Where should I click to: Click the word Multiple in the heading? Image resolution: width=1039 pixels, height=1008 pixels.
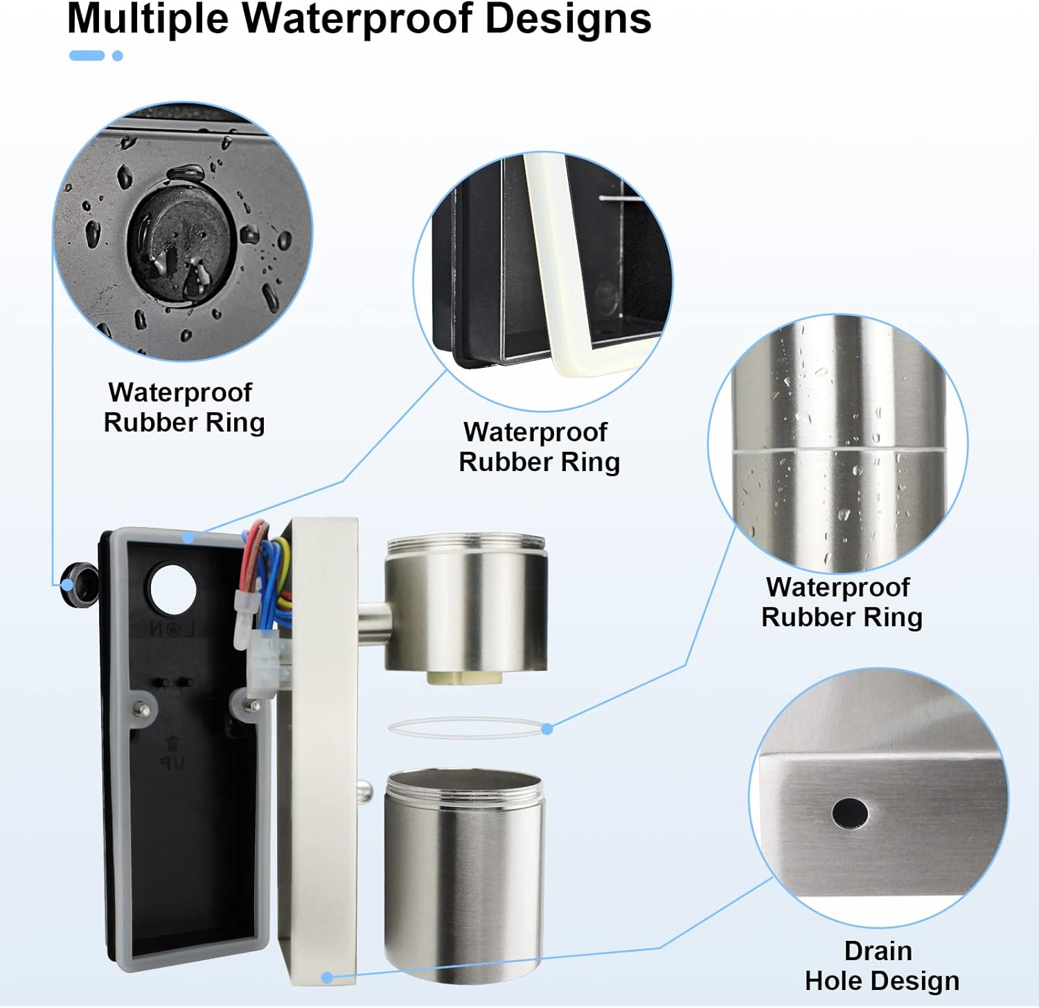pyautogui.click(x=148, y=19)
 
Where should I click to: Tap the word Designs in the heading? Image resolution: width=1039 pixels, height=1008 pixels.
pyautogui.click(x=568, y=19)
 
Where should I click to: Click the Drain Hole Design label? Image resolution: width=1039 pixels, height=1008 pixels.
pyautogui.click(x=881, y=966)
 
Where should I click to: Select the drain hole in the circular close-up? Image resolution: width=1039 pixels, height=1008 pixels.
pyautogui.click(x=850, y=813)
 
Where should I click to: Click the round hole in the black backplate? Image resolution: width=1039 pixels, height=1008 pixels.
pyautogui.click(x=173, y=589)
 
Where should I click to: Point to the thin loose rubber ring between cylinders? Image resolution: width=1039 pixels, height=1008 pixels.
pyautogui.click(x=465, y=727)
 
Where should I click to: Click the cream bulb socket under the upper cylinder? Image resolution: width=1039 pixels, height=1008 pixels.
pyautogui.click(x=464, y=678)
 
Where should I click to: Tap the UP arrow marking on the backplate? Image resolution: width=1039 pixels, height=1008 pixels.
pyautogui.click(x=172, y=753)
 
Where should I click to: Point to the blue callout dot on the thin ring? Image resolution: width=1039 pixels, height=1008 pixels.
pyautogui.click(x=547, y=729)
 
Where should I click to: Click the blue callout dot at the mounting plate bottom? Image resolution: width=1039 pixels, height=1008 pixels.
pyautogui.click(x=328, y=978)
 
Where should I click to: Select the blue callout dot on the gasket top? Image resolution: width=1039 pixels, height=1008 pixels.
pyautogui.click(x=188, y=538)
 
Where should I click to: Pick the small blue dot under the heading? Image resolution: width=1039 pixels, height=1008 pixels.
pyautogui.click(x=118, y=55)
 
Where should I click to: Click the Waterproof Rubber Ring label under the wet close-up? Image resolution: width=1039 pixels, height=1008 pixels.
pyautogui.click(x=184, y=407)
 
